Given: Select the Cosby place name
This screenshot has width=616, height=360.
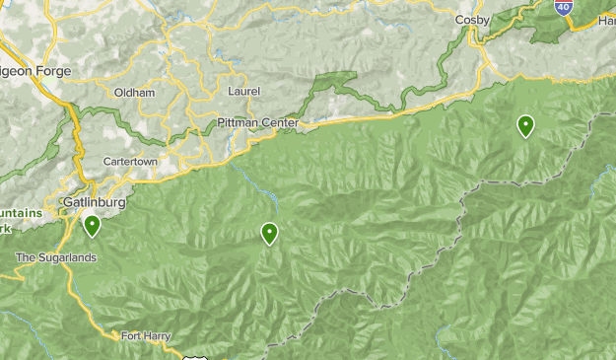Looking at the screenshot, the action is pos(473,19).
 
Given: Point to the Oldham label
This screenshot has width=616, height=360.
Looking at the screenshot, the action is pos(134,93).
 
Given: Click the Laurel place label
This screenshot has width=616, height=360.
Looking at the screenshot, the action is pos(243,92).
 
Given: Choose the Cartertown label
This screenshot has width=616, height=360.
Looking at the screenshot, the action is pos(130,161).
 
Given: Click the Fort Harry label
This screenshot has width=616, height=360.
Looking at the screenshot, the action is pos(146,336).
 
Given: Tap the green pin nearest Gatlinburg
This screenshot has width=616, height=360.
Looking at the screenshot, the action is pos(93,227).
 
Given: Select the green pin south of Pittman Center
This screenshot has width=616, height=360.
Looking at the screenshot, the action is pos(269,234).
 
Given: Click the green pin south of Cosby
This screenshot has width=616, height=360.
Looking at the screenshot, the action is pos(526,126).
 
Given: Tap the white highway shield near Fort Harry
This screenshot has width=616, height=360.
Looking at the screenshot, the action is pos(193,355).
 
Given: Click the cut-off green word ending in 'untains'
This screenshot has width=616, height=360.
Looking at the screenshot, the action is pos(21,214).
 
